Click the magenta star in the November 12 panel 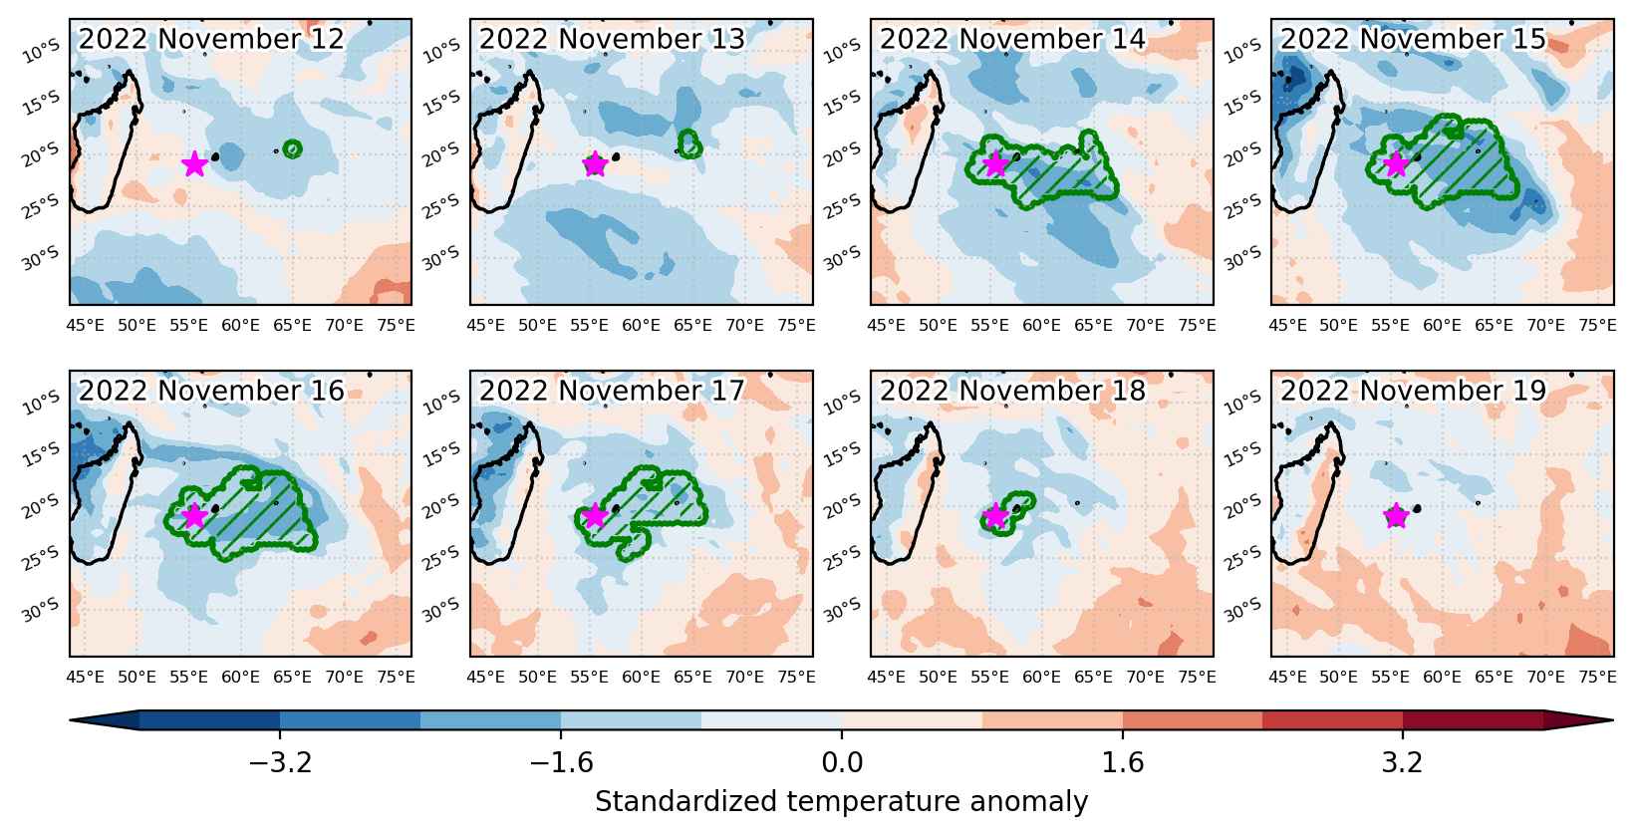tap(194, 163)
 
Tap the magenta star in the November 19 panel tap(1396, 515)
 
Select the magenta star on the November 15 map tap(1396, 163)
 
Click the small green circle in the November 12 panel tap(293, 149)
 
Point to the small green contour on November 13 tap(689, 144)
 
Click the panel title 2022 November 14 tap(1012, 39)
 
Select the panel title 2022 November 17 tap(612, 391)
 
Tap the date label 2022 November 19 tap(1413, 391)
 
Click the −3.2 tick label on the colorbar tap(280, 763)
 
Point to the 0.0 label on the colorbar tap(842, 763)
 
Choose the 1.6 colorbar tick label tap(1123, 763)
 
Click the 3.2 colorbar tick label tap(1403, 763)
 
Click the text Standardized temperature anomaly tap(842, 802)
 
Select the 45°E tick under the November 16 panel tap(85, 678)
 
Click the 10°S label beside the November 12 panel tap(43, 51)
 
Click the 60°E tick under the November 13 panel tap(641, 326)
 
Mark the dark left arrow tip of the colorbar tap(71, 720)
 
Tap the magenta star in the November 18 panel tap(995, 515)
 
